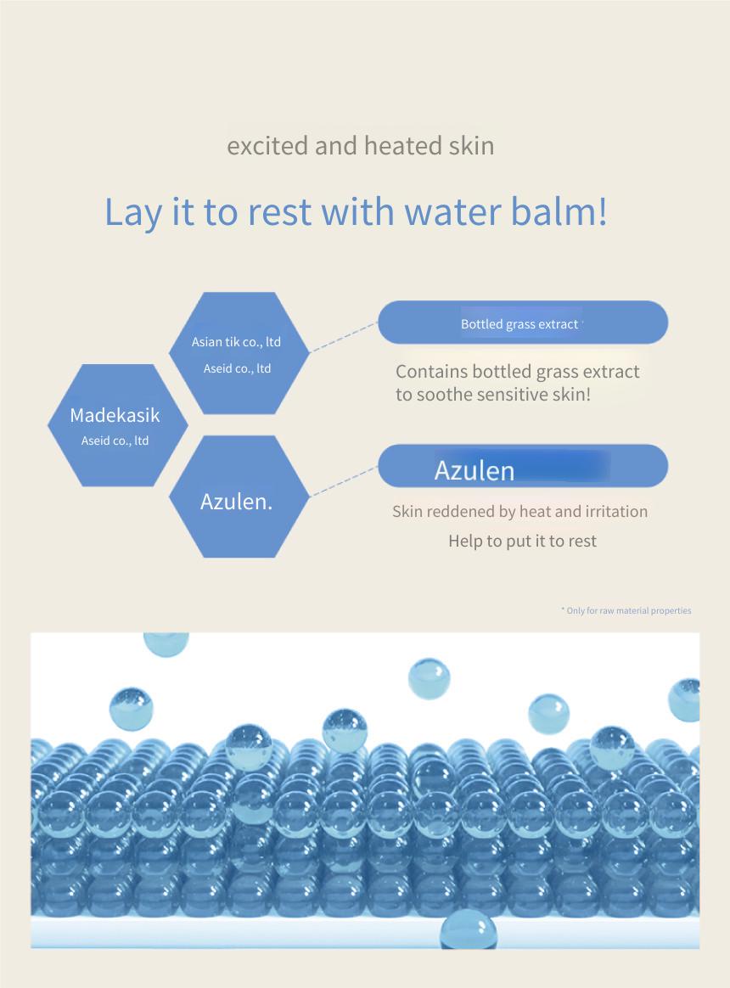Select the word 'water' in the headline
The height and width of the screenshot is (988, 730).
point(452,211)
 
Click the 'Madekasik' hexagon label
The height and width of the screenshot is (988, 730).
point(115,415)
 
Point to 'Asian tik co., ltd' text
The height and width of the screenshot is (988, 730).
point(236,342)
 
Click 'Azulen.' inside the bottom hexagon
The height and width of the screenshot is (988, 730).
point(236,502)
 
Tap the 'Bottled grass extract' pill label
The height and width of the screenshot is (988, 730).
point(519,324)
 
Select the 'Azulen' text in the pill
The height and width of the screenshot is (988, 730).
point(474,471)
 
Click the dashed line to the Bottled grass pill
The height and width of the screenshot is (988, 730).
point(344,336)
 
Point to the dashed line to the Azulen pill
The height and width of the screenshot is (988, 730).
point(344,481)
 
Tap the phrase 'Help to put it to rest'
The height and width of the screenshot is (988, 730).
point(523,542)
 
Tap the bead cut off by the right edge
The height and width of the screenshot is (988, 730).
point(685,700)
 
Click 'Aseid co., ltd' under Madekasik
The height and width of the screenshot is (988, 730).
point(115,441)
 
